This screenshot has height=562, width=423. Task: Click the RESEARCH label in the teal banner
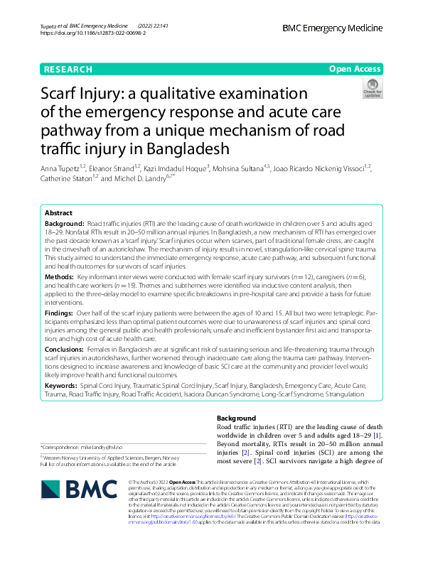pyautogui.click(x=68, y=69)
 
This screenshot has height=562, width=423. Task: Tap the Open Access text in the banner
pyautogui.click(x=354, y=69)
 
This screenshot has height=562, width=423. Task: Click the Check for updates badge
pyautogui.click(x=372, y=88)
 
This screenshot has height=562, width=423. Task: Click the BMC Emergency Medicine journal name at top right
pyautogui.click(x=332, y=28)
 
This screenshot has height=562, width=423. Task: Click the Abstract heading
pyautogui.click(x=58, y=213)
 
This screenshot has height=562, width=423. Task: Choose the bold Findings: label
pyautogui.click(x=60, y=312)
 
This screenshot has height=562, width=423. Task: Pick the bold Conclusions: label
pyautogui.click(x=65, y=350)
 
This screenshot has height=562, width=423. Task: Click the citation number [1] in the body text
pyautogui.click(x=378, y=434)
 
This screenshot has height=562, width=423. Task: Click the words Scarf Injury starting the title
pyautogui.click(x=85, y=95)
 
